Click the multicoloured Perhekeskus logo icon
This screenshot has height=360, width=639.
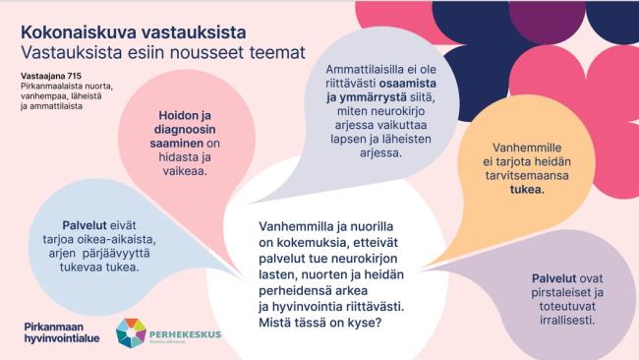coord(131,333)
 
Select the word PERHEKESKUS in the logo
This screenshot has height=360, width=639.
coord(187,329)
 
